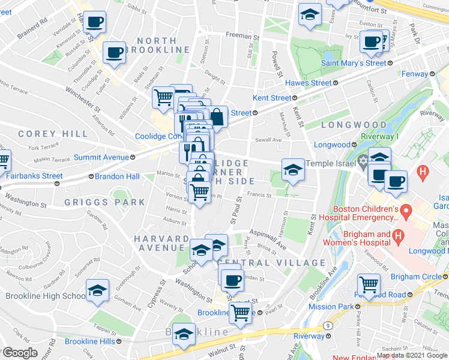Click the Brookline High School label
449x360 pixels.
[46, 296]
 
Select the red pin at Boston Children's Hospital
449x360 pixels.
[406, 211]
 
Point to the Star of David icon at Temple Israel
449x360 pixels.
[363, 163]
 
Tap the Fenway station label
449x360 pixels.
[415, 74]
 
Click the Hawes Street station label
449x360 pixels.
[308, 83]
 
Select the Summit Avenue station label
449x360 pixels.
[100, 157]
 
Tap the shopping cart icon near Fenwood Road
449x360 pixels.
[369, 284]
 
